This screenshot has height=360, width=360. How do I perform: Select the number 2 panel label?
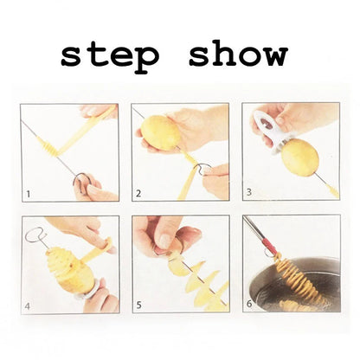tap(138, 196)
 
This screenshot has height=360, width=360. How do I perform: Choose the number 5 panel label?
tap(138, 305)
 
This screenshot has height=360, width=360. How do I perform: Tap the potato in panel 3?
tap(299, 158)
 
